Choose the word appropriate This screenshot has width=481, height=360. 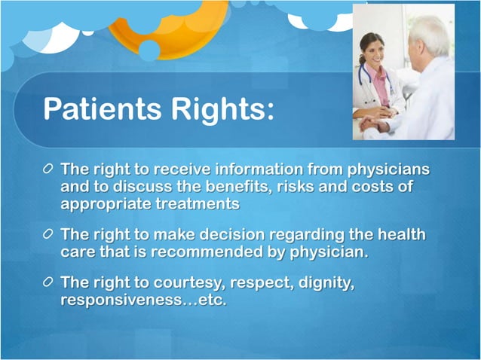point(106,203)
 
